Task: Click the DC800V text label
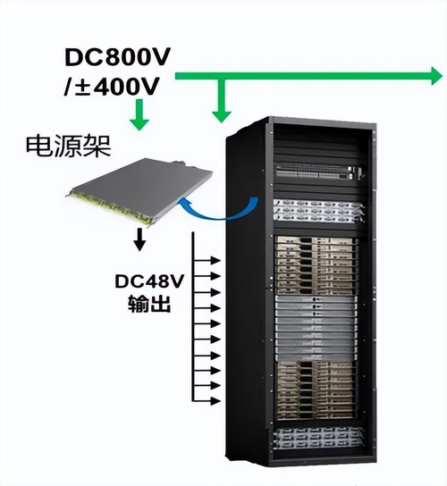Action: pos(118,57)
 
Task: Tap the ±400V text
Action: pos(116,86)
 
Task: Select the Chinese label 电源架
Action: pos(68,147)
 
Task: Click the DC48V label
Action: pos(149,281)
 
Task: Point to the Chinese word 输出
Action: pos(149,303)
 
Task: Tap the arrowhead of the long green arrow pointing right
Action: pos(436,76)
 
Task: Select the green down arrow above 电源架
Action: pos(139,114)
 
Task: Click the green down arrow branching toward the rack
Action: pos(221,100)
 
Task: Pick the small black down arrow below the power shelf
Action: pos(139,239)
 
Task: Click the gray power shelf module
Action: pos(139,191)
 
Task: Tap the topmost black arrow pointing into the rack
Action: pos(207,260)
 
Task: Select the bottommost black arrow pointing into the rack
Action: pos(207,400)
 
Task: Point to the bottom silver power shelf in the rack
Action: pos(317,438)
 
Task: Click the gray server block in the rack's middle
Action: pos(316,327)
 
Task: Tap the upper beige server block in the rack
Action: pos(316,265)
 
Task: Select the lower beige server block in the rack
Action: pos(316,390)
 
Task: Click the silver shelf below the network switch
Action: pos(317,211)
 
